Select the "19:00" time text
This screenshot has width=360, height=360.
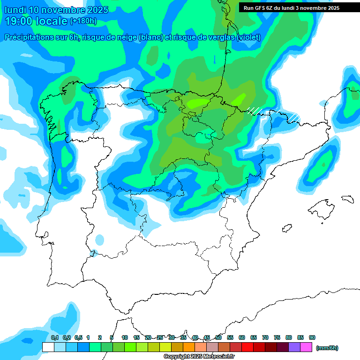click(x=19, y=21)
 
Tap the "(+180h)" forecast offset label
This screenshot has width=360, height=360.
click(x=83, y=21)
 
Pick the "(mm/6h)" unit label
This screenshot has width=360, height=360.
click(x=327, y=348)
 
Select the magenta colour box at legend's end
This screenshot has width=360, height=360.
click(x=306, y=347)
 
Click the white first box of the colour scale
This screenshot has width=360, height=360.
click(x=48, y=347)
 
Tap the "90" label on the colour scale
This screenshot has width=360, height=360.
click(x=312, y=337)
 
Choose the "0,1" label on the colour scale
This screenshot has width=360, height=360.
click(x=55, y=337)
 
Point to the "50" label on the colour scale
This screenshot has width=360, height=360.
click(x=218, y=337)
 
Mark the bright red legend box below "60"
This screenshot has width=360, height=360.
click(x=247, y=347)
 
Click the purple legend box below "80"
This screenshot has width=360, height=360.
click(x=294, y=347)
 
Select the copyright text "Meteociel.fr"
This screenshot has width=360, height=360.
click(x=220, y=357)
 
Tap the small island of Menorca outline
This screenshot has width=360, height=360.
click(x=347, y=199)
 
